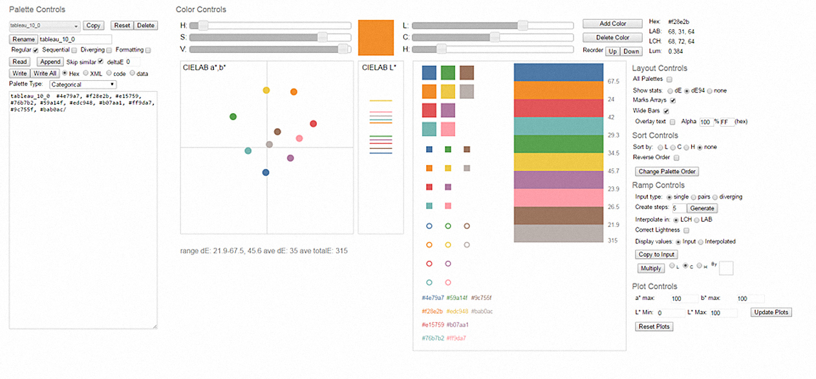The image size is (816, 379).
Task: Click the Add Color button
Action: point(612,24)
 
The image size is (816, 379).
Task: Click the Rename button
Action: point(23,39)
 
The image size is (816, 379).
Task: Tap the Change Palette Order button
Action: point(667,171)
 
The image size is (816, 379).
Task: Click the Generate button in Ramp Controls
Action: point(702,208)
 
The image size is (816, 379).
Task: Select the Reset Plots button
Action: point(654,327)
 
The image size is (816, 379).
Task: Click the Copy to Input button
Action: point(656,254)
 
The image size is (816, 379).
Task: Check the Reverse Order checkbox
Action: point(676,158)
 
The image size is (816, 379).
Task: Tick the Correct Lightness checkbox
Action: point(686,230)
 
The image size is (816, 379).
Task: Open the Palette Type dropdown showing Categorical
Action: point(83,84)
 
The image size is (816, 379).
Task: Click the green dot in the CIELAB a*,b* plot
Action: point(233,116)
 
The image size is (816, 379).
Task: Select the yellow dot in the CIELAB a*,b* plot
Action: point(266,91)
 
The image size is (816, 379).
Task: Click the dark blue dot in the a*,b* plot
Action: point(266,172)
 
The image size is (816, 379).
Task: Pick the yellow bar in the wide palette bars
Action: point(558,162)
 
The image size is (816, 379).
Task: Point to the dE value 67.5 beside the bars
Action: point(614,81)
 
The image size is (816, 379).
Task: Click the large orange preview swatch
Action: point(376,38)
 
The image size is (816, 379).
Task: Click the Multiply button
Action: point(650,268)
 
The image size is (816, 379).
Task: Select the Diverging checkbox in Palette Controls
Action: point(109,50)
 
